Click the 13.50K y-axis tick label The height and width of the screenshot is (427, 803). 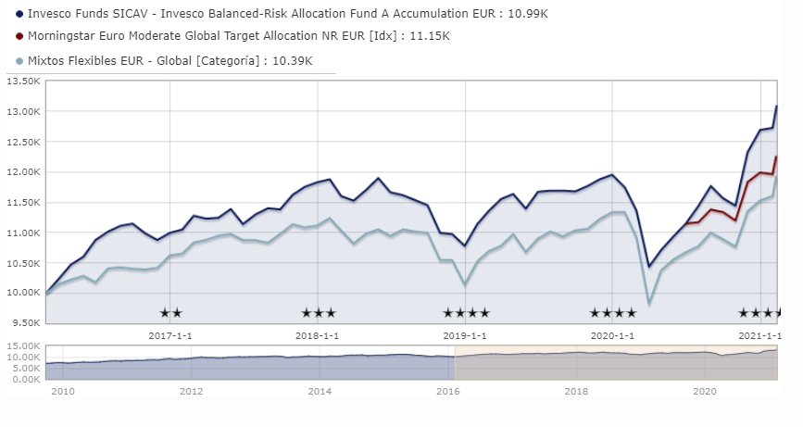(23, 81)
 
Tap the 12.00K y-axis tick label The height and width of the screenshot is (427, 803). (23, 171)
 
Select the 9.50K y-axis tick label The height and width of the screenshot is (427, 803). (25, 322)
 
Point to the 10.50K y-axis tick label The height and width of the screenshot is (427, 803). (23, 262)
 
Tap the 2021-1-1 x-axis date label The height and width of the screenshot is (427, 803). (759, 335)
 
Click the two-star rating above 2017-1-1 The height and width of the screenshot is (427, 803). (170, 313)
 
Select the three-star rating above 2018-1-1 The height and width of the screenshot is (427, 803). (319, 313)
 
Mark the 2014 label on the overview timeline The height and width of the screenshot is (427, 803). (319, 392)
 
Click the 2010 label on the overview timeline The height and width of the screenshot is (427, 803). (63, 392)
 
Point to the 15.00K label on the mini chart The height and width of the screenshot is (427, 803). (23, 345)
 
